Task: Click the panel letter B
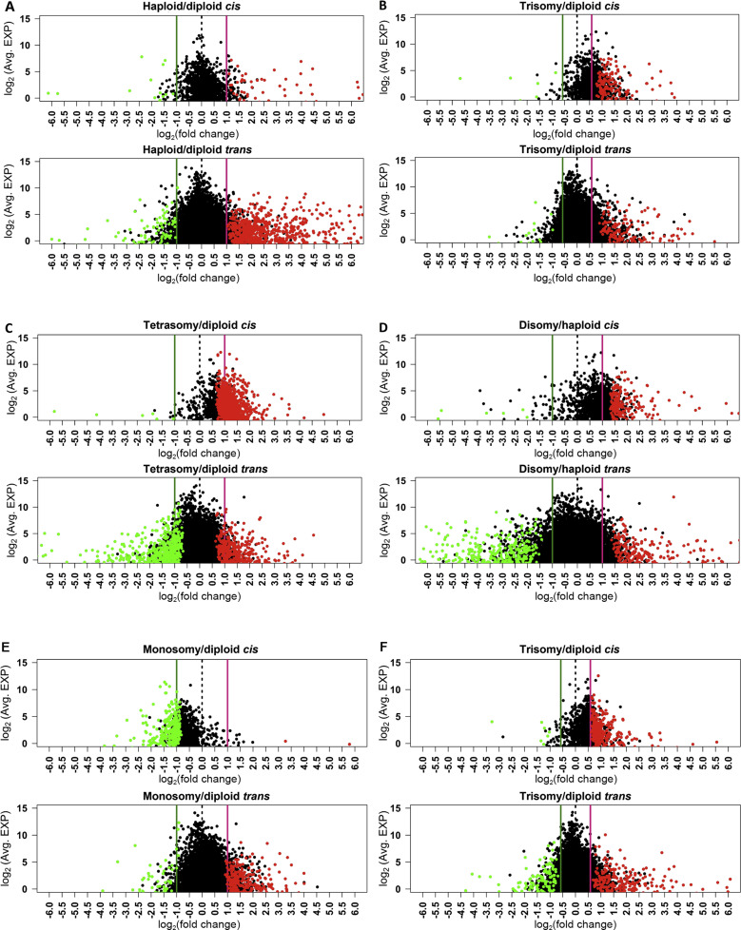coord(381,8)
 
